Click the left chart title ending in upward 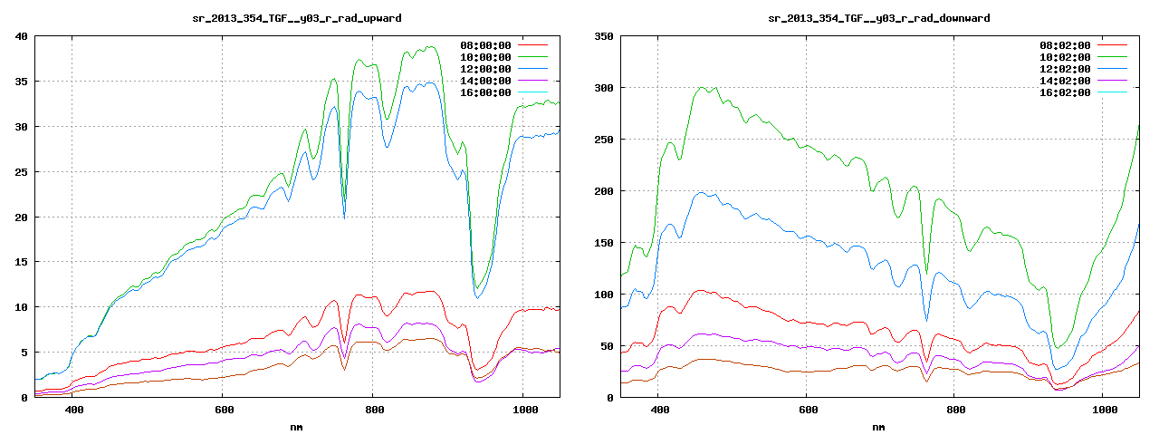[x=298, y=17]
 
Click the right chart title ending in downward [x=878, y=17]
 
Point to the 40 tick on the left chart [x=22, y=36]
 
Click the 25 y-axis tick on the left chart [x=22, y=172]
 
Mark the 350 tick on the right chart [x=603, y=36]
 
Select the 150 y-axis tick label [x=603, y=243]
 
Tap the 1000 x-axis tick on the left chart [x=522, y=410]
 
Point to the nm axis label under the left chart [x=297, y=426]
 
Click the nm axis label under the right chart [x=878, y=426]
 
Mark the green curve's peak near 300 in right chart [x=702, y=88]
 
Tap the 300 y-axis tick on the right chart [x=603, y=88]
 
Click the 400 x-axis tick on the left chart [x=74, y=410]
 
